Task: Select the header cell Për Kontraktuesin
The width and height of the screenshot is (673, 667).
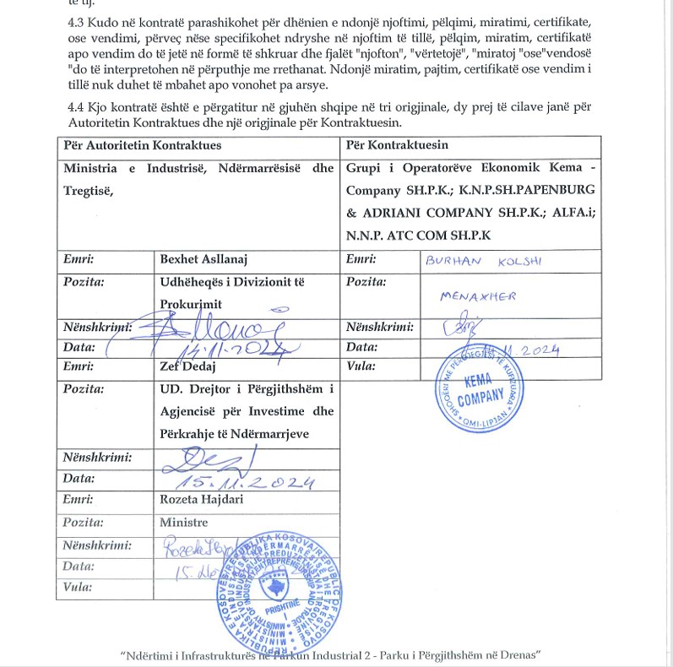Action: (x=397, y=145)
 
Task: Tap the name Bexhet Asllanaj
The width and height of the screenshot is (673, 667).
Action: (x=204, y=259)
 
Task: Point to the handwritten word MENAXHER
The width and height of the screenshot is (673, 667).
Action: (x=478, y=296)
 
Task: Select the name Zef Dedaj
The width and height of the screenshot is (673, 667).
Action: (x=188, y=366)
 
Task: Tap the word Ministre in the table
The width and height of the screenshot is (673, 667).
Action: (x=183, y=523)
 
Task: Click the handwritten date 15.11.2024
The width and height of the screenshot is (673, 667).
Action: (x=245, y=482)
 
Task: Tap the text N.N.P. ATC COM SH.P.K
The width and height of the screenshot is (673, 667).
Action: (x=418, y=235)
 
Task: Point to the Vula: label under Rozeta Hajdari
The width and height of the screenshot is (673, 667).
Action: (x=77, y=587)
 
